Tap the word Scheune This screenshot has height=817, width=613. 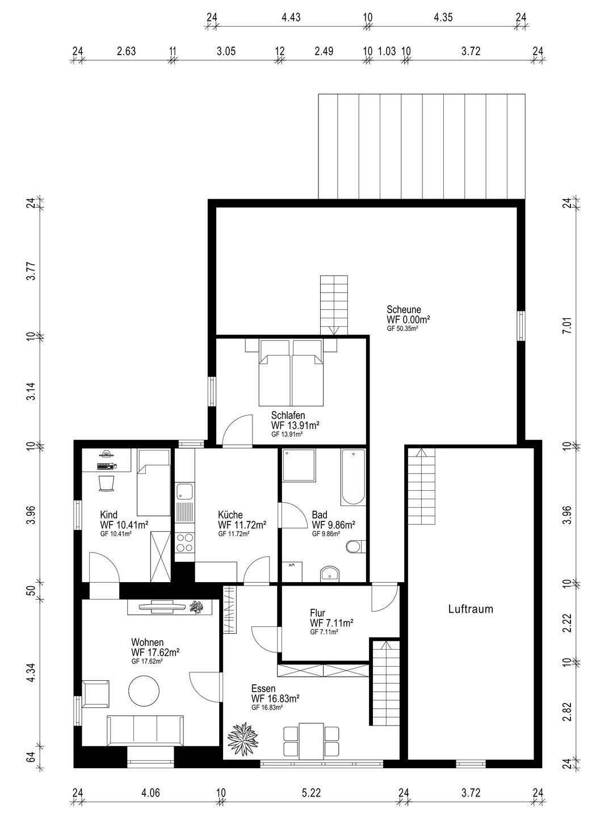pos(404,309)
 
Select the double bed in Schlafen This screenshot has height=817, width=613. pos(291,372)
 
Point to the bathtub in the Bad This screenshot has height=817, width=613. pos(352,477)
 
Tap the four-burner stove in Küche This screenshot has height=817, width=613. pos(185,542)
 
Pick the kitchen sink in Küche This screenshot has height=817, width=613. pos(184,491)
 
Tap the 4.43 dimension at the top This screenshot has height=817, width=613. pos(291,17)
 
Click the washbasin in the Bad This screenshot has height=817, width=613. pos(330,573)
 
